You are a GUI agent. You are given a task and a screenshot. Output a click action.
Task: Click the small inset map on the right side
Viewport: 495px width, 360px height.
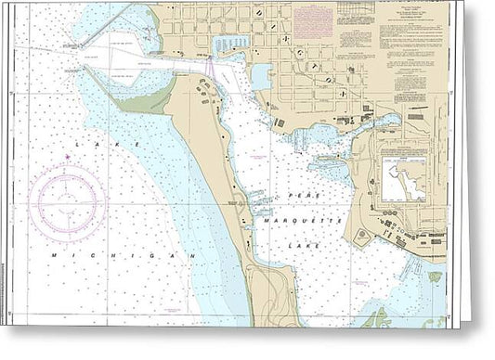click(x=404, y=179)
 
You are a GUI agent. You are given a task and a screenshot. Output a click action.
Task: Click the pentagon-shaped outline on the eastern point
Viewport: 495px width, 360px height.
click(x=363, y=237)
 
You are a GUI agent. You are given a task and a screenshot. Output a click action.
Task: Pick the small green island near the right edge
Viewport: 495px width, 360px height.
click(x=436, y=276)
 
